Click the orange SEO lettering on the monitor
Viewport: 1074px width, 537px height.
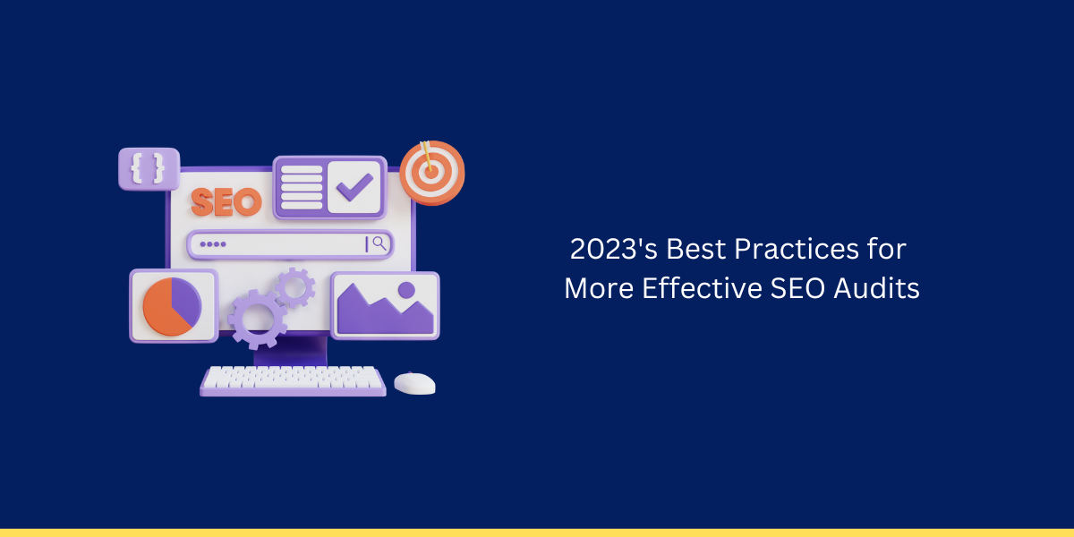pyautogui.click(x=226, y=202)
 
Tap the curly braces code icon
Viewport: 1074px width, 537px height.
pyautogui.click(x=149, y=168)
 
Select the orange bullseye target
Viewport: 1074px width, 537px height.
pyautogui.click(x=432, y=172)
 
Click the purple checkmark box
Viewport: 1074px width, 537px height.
pyautogui.click(x=354, y=187)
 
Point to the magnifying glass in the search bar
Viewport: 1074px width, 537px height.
pyautogui.click(x=379, y=243)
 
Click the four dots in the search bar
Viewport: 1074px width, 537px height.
pyautogui.click(x=213, y=244)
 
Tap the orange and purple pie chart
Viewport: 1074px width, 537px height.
pyautogui.click(x=172, y=306)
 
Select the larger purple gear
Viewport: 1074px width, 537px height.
pyautogui.click(x=257, y=320)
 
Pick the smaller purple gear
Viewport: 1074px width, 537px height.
pyautogui.click(x=295, y=287)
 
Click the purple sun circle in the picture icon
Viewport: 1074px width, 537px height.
pyautogui.click(x=406, y=290)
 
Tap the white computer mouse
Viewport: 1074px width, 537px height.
pyautogui.click(x=414, y=384)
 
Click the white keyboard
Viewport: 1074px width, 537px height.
pyautogui.click(x=293, y=380)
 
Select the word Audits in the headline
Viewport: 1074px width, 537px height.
pyautogui.click(x=876, y=288)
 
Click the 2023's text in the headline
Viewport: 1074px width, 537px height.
pyautogui.click(x=614, y=250)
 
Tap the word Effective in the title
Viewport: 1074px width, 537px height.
pyautogui.click(x=702, y=288)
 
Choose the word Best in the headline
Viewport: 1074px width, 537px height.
pyautogui.click(x=695, y=250)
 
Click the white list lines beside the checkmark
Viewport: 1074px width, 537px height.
pyautogui.click(x=302, y=187)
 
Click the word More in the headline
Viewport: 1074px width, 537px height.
pyautogui.click(x=599, y=288)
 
